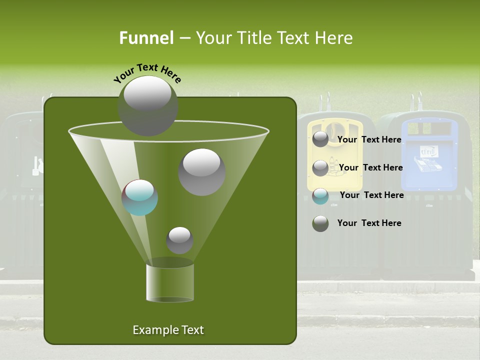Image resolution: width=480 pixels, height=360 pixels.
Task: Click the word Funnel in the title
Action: coord(146,38)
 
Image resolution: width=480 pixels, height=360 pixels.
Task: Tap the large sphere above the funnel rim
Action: coord(147,105)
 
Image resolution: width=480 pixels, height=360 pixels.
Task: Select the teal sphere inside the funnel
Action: coord(140,197)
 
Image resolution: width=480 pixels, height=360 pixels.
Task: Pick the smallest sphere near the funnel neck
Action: coord(179,240)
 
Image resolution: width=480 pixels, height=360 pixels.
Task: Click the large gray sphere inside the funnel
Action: coord(201,171)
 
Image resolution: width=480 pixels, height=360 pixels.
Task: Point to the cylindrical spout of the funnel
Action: coord(170,283)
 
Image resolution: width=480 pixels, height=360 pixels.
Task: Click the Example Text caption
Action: coord(168,330)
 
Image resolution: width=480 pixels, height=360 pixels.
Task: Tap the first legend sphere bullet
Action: coord(320,139)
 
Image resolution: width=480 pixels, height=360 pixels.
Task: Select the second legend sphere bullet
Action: coord(320,168)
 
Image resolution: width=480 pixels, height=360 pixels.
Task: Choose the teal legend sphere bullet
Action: coord(320,196)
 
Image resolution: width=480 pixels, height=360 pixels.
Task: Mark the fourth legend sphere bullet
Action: coord(320,223)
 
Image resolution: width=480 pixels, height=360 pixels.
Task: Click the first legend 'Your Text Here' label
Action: coord(369,139)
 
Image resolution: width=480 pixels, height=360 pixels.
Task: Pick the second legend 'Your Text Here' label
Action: coord(370,167)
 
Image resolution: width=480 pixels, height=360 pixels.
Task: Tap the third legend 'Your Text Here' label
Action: coord(371,195)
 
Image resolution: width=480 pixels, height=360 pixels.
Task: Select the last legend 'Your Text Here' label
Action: coord(369,223)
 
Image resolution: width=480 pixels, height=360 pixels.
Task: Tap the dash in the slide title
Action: coord(184,38)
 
